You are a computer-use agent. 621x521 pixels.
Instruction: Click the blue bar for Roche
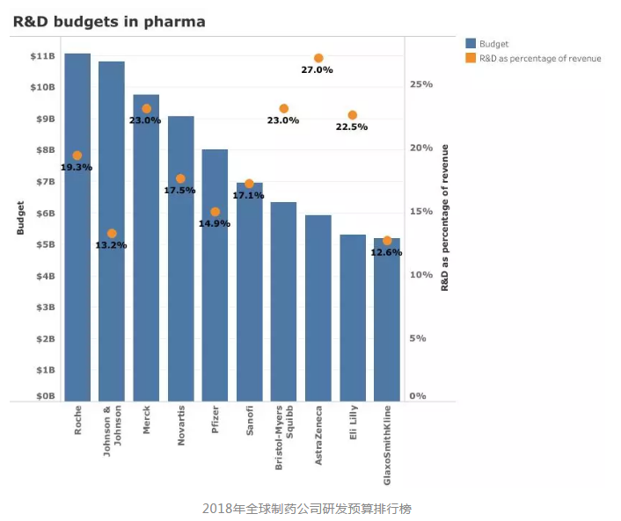(77, 264)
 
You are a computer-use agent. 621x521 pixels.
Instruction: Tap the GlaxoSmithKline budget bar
(387, 334)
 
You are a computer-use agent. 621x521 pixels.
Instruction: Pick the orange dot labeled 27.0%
(318, 58)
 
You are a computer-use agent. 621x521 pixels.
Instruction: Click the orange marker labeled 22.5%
(353, 115)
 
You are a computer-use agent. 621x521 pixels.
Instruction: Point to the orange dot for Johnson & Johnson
(112, 234)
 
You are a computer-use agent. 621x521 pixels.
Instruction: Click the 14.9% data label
(215, 224)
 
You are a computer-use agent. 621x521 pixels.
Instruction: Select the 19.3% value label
(77, 167)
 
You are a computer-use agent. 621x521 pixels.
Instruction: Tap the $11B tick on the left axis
(43, 56)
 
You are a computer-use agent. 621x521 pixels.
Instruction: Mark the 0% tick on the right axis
(418, 396)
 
